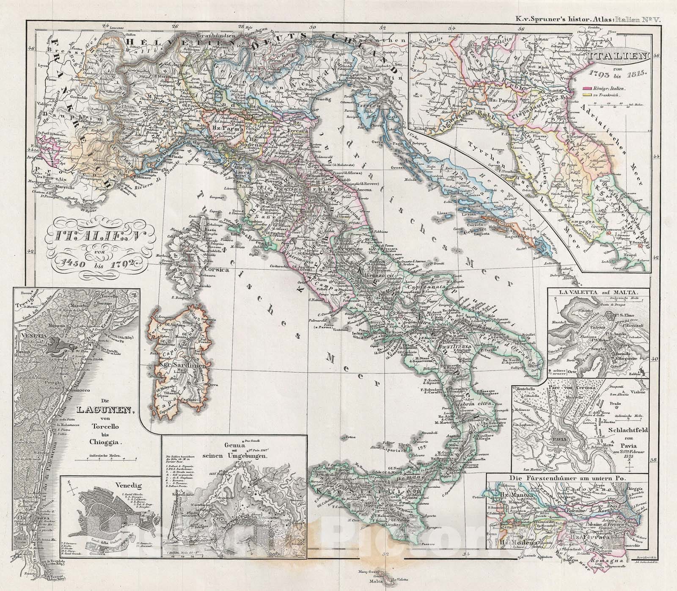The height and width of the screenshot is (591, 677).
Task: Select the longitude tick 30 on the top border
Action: [x=312, y=27]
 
